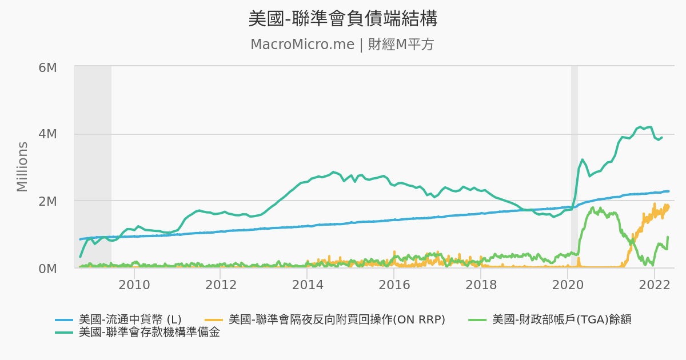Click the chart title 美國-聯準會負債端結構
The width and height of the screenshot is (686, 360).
pyautogui.click(x=342, y=18)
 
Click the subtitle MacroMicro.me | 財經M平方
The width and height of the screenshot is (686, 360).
pyautogui.click(x=342, y=45)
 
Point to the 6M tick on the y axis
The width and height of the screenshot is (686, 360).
pyautogui.click(x=47, y=67)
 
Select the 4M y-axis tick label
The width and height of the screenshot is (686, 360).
pyautogui.click(x=47, y=134)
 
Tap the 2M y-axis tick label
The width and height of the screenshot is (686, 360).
pyautogui.click(x=47, y=201)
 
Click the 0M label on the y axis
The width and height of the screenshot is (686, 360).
pyautogui.click(x=47, y=268)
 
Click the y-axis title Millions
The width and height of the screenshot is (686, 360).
pyautogui.click(x=22, y=167)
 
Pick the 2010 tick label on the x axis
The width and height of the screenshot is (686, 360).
pyautogui.click(x=134, y=285)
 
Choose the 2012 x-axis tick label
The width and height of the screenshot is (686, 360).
pyautogui.click(x=221, y=285)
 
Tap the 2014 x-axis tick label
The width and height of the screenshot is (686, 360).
pyautogui.click(x=308, y=285)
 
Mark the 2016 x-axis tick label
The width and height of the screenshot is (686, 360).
pyautogui.click(x=394, y=285)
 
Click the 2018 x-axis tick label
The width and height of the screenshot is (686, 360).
pyautogui.click(x=481, y=285)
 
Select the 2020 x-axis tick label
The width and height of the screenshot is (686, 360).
pyautogui.click(x=568, y=285)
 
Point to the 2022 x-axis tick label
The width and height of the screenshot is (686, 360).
pyautogui.click(x=654, y=285)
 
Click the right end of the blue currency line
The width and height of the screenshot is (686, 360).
pyautogui.click(x=668, y=191)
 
